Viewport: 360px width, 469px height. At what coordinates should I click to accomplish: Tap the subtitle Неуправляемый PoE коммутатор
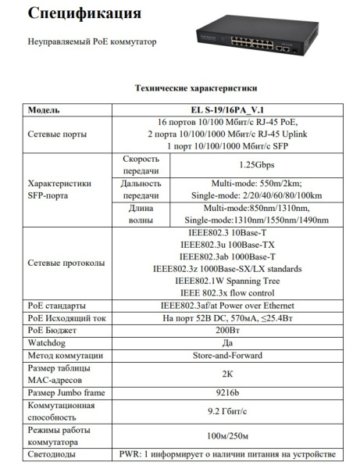coord(92,41)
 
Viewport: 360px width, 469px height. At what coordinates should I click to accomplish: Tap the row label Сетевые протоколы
coord(66,263)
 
